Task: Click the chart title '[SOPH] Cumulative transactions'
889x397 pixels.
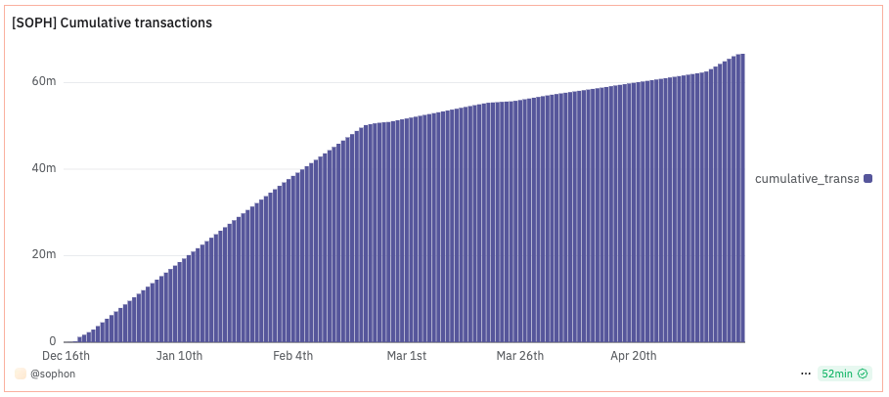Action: coord(111,22)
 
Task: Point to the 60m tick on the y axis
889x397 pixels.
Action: coord(45,81)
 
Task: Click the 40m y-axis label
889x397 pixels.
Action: coord(45,168)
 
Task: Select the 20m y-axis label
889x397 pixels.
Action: coord(45,255)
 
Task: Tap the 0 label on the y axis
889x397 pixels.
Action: coord(52,341)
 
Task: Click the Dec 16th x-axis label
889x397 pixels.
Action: coord(67,355)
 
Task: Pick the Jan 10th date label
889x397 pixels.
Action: coord(179,355)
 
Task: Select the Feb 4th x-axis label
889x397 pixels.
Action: coord(292,355)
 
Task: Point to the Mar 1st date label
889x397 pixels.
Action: coord(406,355)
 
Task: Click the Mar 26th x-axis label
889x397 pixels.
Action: coord(519,355)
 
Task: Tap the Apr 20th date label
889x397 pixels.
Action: coord(633,355)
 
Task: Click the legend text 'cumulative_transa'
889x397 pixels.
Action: coord(806,178)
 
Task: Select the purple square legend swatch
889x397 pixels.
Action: coord(867,178)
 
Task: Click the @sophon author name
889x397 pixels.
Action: coord(53,374)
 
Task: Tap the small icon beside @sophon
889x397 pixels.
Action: coord(21,374)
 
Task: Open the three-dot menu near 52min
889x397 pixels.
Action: coord(806,374)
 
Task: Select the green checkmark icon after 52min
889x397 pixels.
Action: coord(863,374)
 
